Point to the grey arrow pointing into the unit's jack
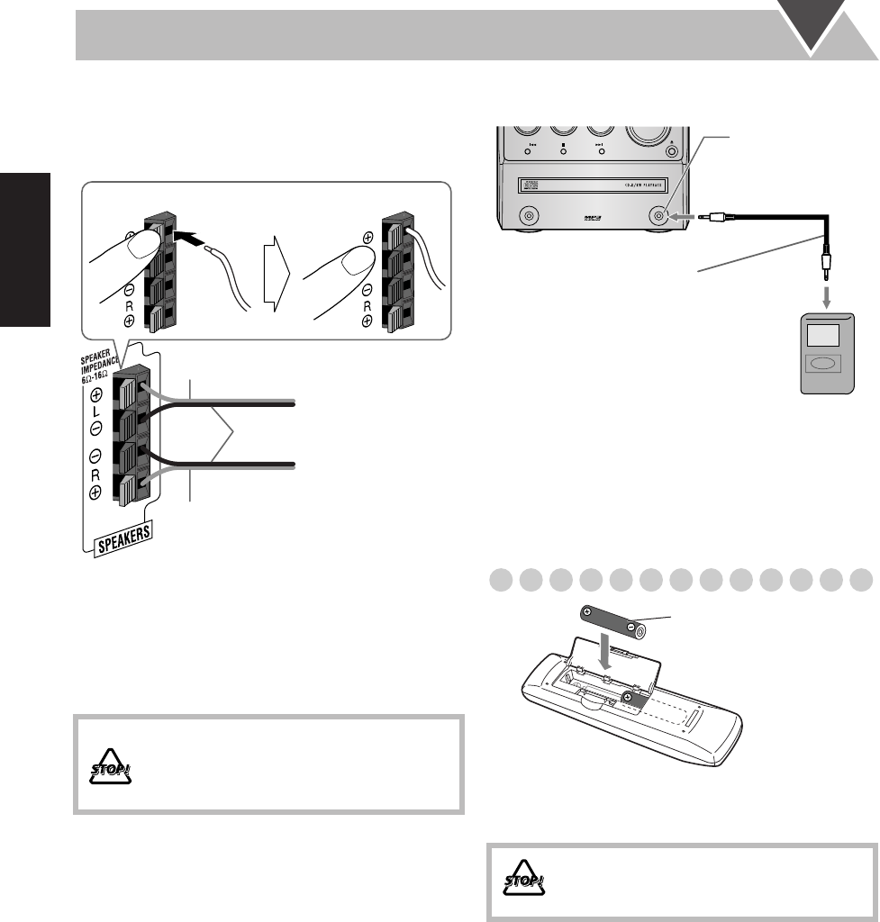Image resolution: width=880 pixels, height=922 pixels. [x=685, y=216]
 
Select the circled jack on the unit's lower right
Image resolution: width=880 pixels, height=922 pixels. [x=658, y=216]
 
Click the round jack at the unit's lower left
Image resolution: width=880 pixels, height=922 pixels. [x=529, y=216]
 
